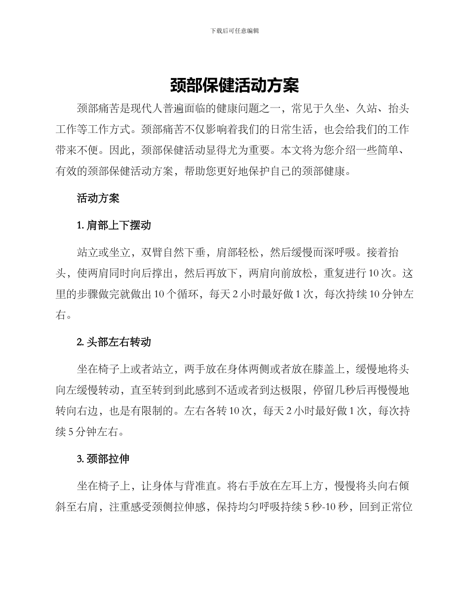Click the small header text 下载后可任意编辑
coord(234,31)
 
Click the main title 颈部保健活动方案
coord(234,85)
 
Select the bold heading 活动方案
coord(98,198)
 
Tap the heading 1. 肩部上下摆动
coord(114,226)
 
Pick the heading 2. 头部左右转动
coord(114,342)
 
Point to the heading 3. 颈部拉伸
coord(103,459)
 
